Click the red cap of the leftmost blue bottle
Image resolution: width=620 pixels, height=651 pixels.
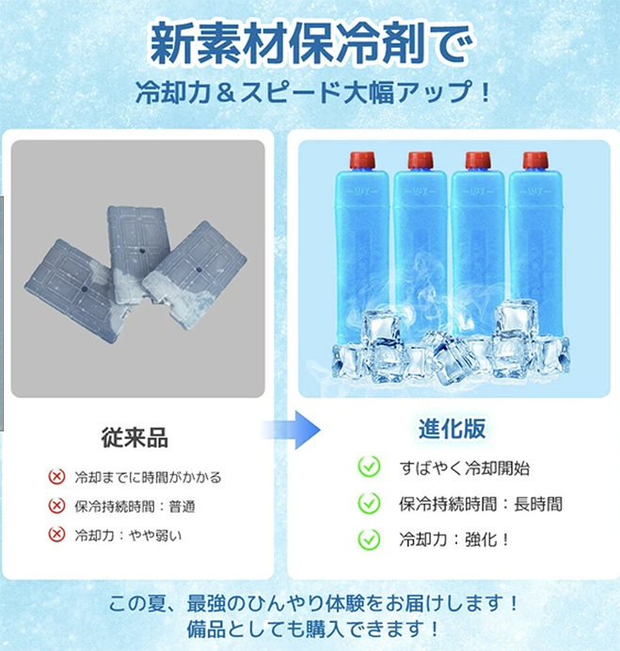click(x=362, y=160)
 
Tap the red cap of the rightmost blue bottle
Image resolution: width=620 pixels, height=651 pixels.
click(x=535, y=160)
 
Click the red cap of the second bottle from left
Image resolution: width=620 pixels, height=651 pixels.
click(x=421, y=160)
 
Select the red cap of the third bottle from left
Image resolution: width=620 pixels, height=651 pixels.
click(x=478, y=160)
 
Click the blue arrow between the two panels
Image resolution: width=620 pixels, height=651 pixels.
click(x=291, y=430)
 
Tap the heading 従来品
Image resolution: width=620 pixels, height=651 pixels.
click(x=135, y=437)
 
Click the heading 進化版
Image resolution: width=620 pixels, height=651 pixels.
click(x=452, y=428)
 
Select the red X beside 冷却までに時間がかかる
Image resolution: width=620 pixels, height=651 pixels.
click(x=56, y=477)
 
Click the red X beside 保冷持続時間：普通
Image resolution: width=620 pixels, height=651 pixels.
click(x=56, y=506)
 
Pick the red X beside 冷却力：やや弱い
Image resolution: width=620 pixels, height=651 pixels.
click(x=56, y=534)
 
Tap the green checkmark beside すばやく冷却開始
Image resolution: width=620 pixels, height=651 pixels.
click(x=369, y=467)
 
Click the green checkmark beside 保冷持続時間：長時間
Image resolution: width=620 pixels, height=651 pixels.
click(x=369, y=503)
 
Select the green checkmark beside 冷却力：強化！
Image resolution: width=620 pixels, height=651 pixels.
click(x=369, y=539)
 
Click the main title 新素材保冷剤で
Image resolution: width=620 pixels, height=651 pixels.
click(x=311, y=44)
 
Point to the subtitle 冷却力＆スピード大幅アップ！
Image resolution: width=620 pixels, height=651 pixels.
click(x=314, y=92)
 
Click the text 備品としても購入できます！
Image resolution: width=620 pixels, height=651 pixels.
click(x=312, y=629)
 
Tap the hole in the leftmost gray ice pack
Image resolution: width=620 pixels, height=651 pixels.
click(x=85, y=289)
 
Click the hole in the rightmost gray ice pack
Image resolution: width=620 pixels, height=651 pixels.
click(x=199, y=269)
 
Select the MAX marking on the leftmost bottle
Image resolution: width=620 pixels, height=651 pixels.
click(x=362, y=191)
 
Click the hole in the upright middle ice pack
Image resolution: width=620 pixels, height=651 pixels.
click(x=142, y=251)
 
